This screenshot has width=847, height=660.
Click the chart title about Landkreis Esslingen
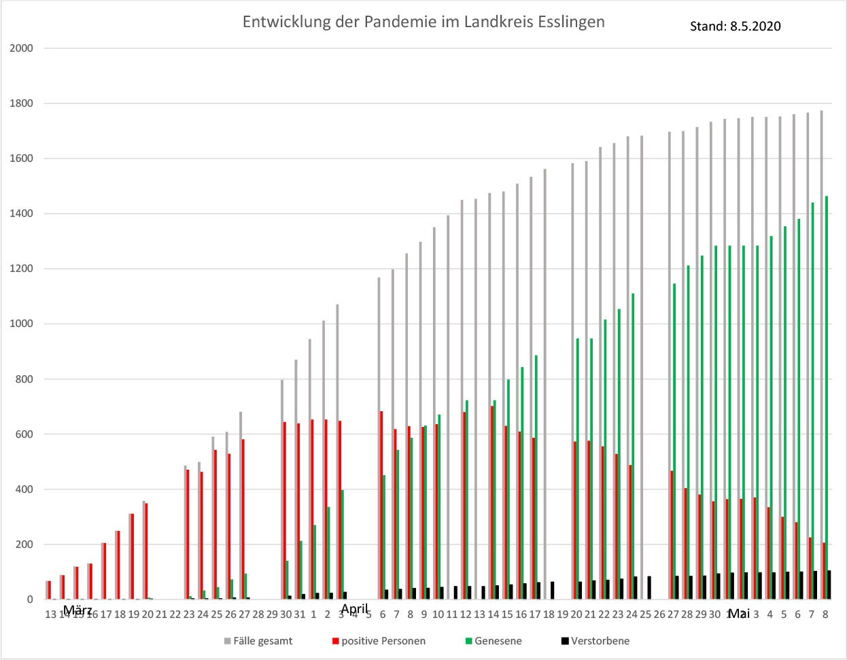point(423,22)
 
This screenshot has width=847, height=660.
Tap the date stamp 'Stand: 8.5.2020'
point(735,27)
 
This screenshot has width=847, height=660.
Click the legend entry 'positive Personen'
point(383,640)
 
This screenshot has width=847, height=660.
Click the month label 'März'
point(77,610)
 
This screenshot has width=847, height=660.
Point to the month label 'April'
point(355,608)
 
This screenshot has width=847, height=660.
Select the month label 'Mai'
point(738,614)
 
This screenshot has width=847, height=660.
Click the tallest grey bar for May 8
point(821,353)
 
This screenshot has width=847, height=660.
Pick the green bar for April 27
point(674,442)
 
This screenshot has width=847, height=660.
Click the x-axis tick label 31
point(299,614)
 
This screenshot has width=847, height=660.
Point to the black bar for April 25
point(649,588)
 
